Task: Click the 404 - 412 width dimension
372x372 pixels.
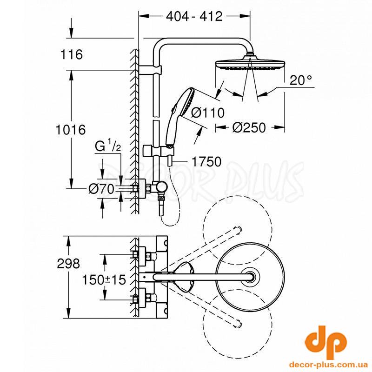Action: (x=194, y=16)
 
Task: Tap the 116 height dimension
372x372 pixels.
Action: (x=72, y=54)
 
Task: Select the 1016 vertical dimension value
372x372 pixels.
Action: (x=71, y=130)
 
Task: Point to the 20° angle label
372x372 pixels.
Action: (x=300, y=80)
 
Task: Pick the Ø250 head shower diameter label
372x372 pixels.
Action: (x=249, y=127)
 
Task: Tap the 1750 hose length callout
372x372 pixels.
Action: (x=206, y=161)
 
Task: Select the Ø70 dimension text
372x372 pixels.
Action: (x=101, y=189)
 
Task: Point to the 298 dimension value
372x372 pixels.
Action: (x=68, y=263)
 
